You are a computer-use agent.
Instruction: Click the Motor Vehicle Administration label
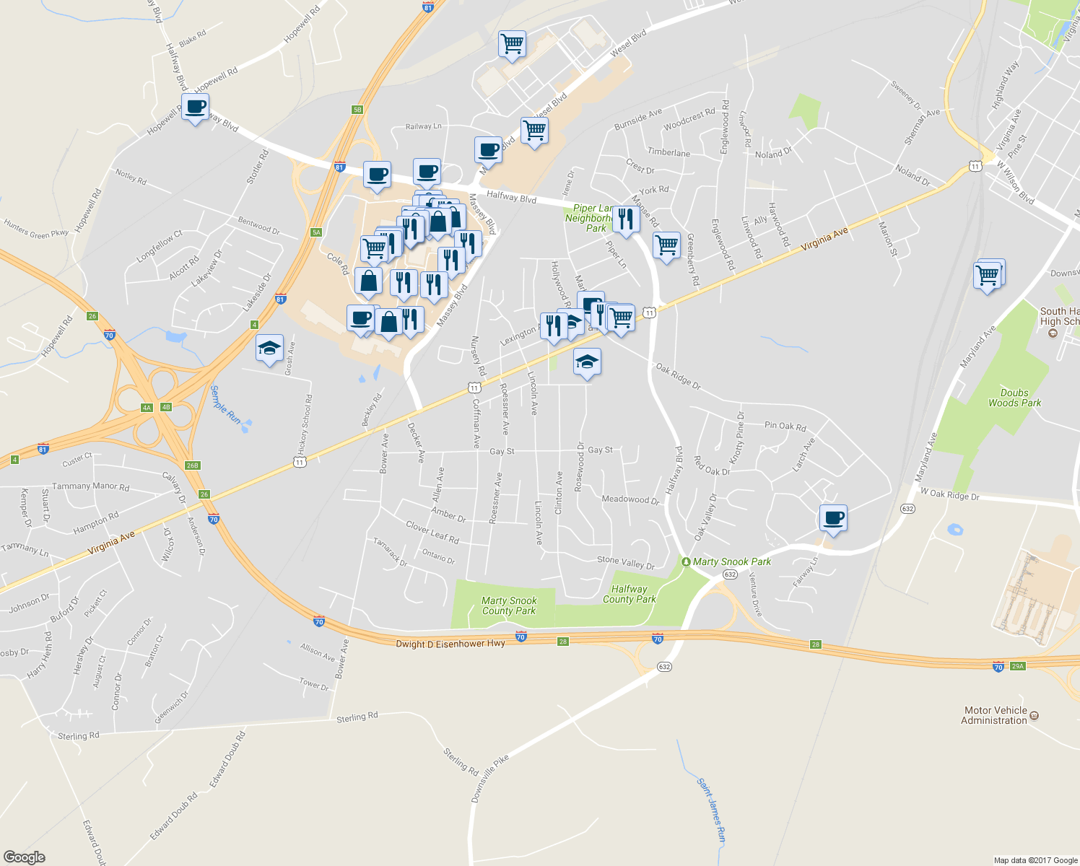994,715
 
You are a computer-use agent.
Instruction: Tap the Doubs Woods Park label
1014,398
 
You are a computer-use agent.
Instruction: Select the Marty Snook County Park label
509,605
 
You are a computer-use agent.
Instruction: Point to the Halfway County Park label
629,594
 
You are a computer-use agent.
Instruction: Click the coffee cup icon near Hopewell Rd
195,107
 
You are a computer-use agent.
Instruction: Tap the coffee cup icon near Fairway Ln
833,517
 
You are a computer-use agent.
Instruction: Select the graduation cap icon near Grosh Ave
269,349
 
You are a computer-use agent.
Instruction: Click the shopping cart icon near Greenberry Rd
666,245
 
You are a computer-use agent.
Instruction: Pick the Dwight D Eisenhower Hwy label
450,643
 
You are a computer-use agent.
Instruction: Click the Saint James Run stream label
710,810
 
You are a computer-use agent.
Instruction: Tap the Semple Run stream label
225,404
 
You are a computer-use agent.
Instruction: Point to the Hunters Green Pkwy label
36,228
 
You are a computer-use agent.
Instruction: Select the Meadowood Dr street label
630,499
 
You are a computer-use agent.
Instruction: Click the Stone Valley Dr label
625,562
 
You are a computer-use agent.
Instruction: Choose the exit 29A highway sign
1017,665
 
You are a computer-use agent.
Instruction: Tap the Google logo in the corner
25,857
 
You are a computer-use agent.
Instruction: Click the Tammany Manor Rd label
90,486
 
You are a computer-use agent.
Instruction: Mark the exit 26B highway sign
192,465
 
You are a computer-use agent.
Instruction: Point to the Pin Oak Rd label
785,426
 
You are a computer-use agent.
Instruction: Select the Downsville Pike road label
491,779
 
